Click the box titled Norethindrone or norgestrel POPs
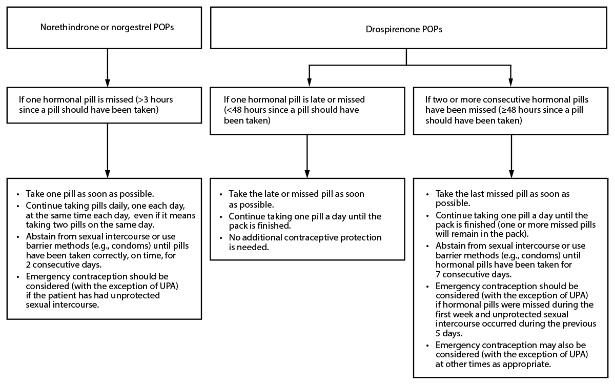[107, 28]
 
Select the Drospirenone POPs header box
[408, 29]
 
